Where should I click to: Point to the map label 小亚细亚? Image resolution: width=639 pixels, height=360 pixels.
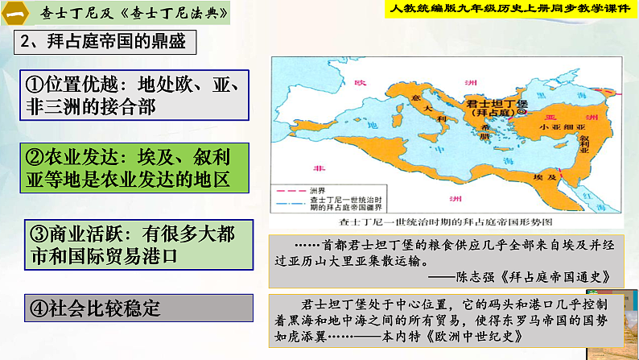[541, 127]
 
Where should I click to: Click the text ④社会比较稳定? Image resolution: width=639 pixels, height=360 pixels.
[95, 308]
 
